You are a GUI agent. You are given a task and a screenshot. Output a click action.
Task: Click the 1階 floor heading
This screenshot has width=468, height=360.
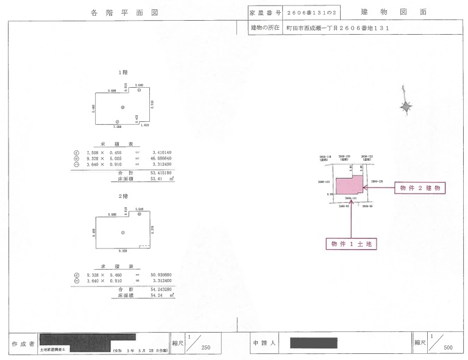[x=122, y=72]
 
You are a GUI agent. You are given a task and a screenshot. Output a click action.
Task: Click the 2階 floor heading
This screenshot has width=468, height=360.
[x=122, y=197]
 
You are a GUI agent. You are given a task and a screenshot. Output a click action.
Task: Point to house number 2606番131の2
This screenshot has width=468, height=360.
[x=312, y=12]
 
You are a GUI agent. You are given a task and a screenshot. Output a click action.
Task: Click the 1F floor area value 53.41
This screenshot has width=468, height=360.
[x=159, y=180]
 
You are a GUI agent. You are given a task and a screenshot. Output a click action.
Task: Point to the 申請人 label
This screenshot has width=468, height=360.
[x=264, y=344]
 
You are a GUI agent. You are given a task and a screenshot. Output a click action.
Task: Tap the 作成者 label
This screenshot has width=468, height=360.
[x=23, y=344]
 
